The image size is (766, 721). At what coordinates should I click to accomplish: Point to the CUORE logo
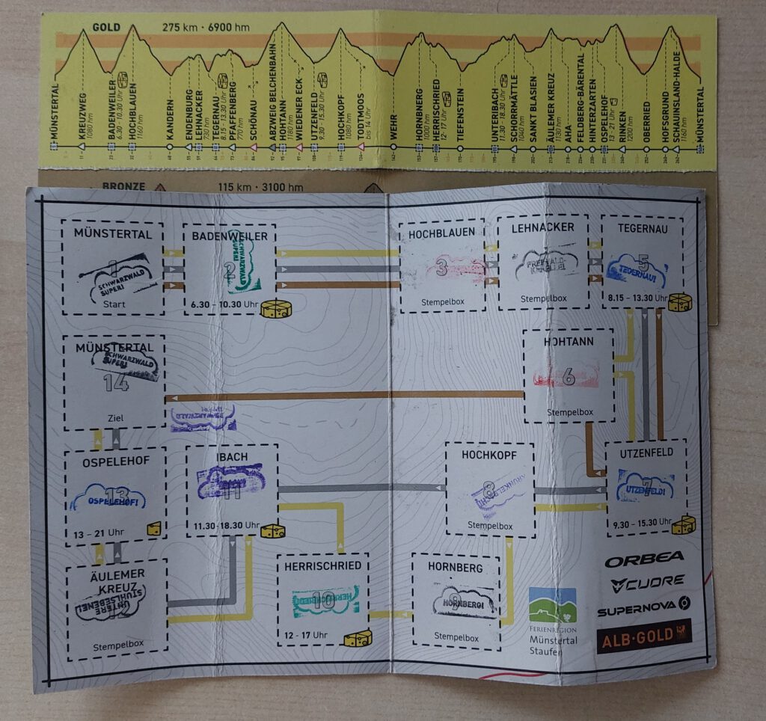pos(647,582)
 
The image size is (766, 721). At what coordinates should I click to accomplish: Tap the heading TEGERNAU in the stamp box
pos(641,227)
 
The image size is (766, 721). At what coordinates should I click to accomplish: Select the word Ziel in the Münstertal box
pos(117,418)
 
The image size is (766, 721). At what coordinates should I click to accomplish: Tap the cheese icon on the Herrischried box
pos(358,638)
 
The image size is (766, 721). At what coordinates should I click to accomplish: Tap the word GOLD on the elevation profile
pos(106,28)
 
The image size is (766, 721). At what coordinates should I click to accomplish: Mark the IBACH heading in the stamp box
pos(231,457)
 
